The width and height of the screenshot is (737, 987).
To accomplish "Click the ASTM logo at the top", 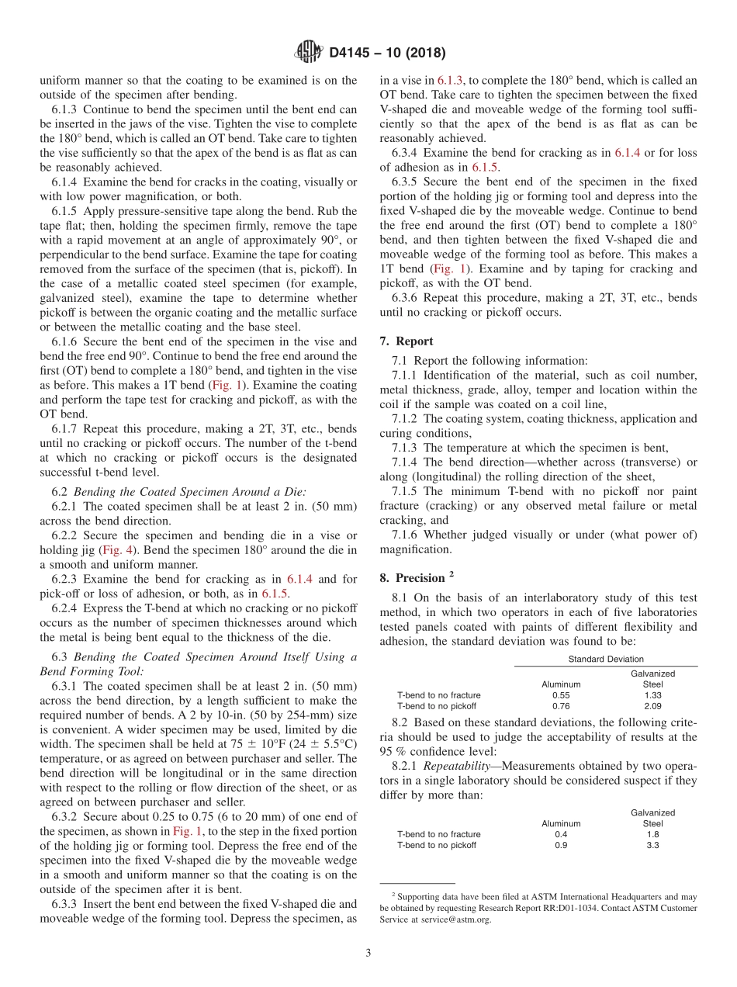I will click(x=308, y=53).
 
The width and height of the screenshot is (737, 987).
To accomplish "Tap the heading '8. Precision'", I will click(x=415, y=578).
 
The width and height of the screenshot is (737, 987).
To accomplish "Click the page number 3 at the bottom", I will click(x=368, y=953).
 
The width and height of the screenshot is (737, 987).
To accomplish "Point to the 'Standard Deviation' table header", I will click(x=605, y=659).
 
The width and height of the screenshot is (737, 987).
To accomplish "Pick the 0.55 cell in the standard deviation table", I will click(x=561, y=695).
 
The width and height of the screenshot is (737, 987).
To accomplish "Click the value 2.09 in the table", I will click(x=652, y=706).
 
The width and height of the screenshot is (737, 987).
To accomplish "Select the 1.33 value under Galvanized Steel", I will click(x=652, y=695).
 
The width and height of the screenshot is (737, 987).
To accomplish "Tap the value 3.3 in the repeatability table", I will click(x=652, y=845).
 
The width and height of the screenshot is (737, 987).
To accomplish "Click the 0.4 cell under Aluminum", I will click(x=561, y=834).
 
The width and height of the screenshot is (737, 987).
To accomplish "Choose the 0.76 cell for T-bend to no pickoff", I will click(x=561, y=706).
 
